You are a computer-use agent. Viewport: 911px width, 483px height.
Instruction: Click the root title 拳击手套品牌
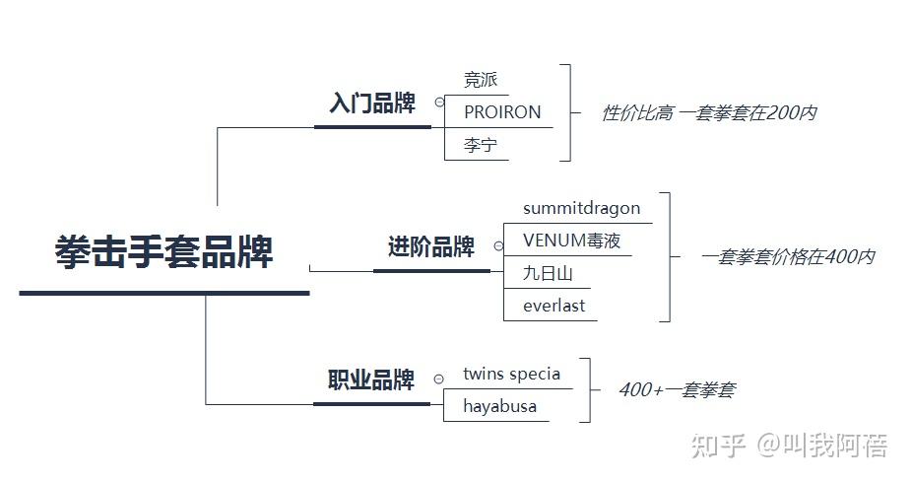(163, 252)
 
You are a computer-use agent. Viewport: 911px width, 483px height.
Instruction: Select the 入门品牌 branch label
(372, 103)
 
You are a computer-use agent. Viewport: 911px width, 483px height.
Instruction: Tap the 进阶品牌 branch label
(430, 247)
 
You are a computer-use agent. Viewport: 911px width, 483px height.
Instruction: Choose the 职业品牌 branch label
(371, 380)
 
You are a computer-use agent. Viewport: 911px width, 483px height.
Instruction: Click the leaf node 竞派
(480, 80)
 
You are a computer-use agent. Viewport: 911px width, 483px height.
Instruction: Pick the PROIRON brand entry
(502, 112)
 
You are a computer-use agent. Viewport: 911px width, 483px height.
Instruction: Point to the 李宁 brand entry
(480, 146)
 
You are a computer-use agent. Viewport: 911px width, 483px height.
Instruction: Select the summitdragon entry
(581, 208)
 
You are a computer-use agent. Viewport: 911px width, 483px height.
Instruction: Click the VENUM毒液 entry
(571, 241)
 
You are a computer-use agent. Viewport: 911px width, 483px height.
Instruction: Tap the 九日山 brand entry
(548, 273)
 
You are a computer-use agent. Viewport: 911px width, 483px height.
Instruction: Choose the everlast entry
(553, 306)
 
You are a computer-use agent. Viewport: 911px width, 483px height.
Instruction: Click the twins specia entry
(511, 374)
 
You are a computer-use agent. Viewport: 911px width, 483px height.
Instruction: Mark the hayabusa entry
(499, 406)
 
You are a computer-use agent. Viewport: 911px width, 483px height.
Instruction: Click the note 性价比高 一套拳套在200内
(708, 113)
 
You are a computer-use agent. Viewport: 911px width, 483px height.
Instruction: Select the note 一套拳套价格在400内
(788, 257)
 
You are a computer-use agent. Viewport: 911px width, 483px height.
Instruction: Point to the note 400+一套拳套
(676, 390)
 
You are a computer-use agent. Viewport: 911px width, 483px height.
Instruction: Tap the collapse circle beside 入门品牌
(439, 102)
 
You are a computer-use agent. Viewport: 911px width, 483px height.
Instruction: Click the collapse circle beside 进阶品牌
(498, 246)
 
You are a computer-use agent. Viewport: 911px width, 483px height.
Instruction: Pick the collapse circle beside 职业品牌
(438, 379)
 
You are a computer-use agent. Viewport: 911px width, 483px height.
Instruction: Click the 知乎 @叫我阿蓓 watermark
(789, 446)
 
